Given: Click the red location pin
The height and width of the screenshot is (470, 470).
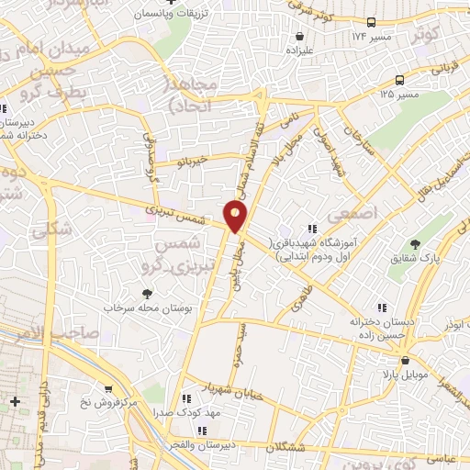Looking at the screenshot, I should tap(236, 216).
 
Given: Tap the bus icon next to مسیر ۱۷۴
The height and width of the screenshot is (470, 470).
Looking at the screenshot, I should tap(371, 21).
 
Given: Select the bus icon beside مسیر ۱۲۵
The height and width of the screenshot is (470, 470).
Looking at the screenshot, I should tap(399, 80).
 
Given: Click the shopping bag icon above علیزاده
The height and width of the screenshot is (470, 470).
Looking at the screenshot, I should tap(300, 36).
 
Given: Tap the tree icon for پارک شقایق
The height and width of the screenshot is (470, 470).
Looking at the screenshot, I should tap(415, 244).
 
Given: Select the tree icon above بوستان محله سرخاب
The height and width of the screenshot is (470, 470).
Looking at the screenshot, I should tap(145, 295).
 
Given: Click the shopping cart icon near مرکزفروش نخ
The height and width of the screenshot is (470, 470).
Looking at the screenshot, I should tap(109, 389).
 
